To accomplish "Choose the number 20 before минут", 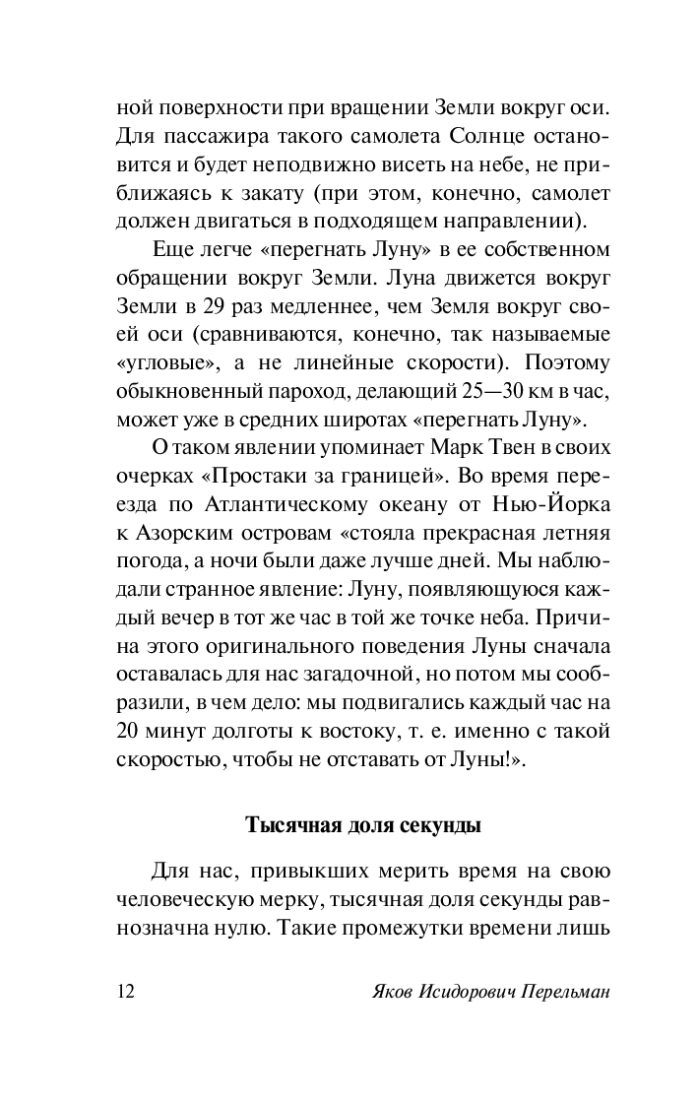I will pyautogui.click(x=129, y=732).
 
